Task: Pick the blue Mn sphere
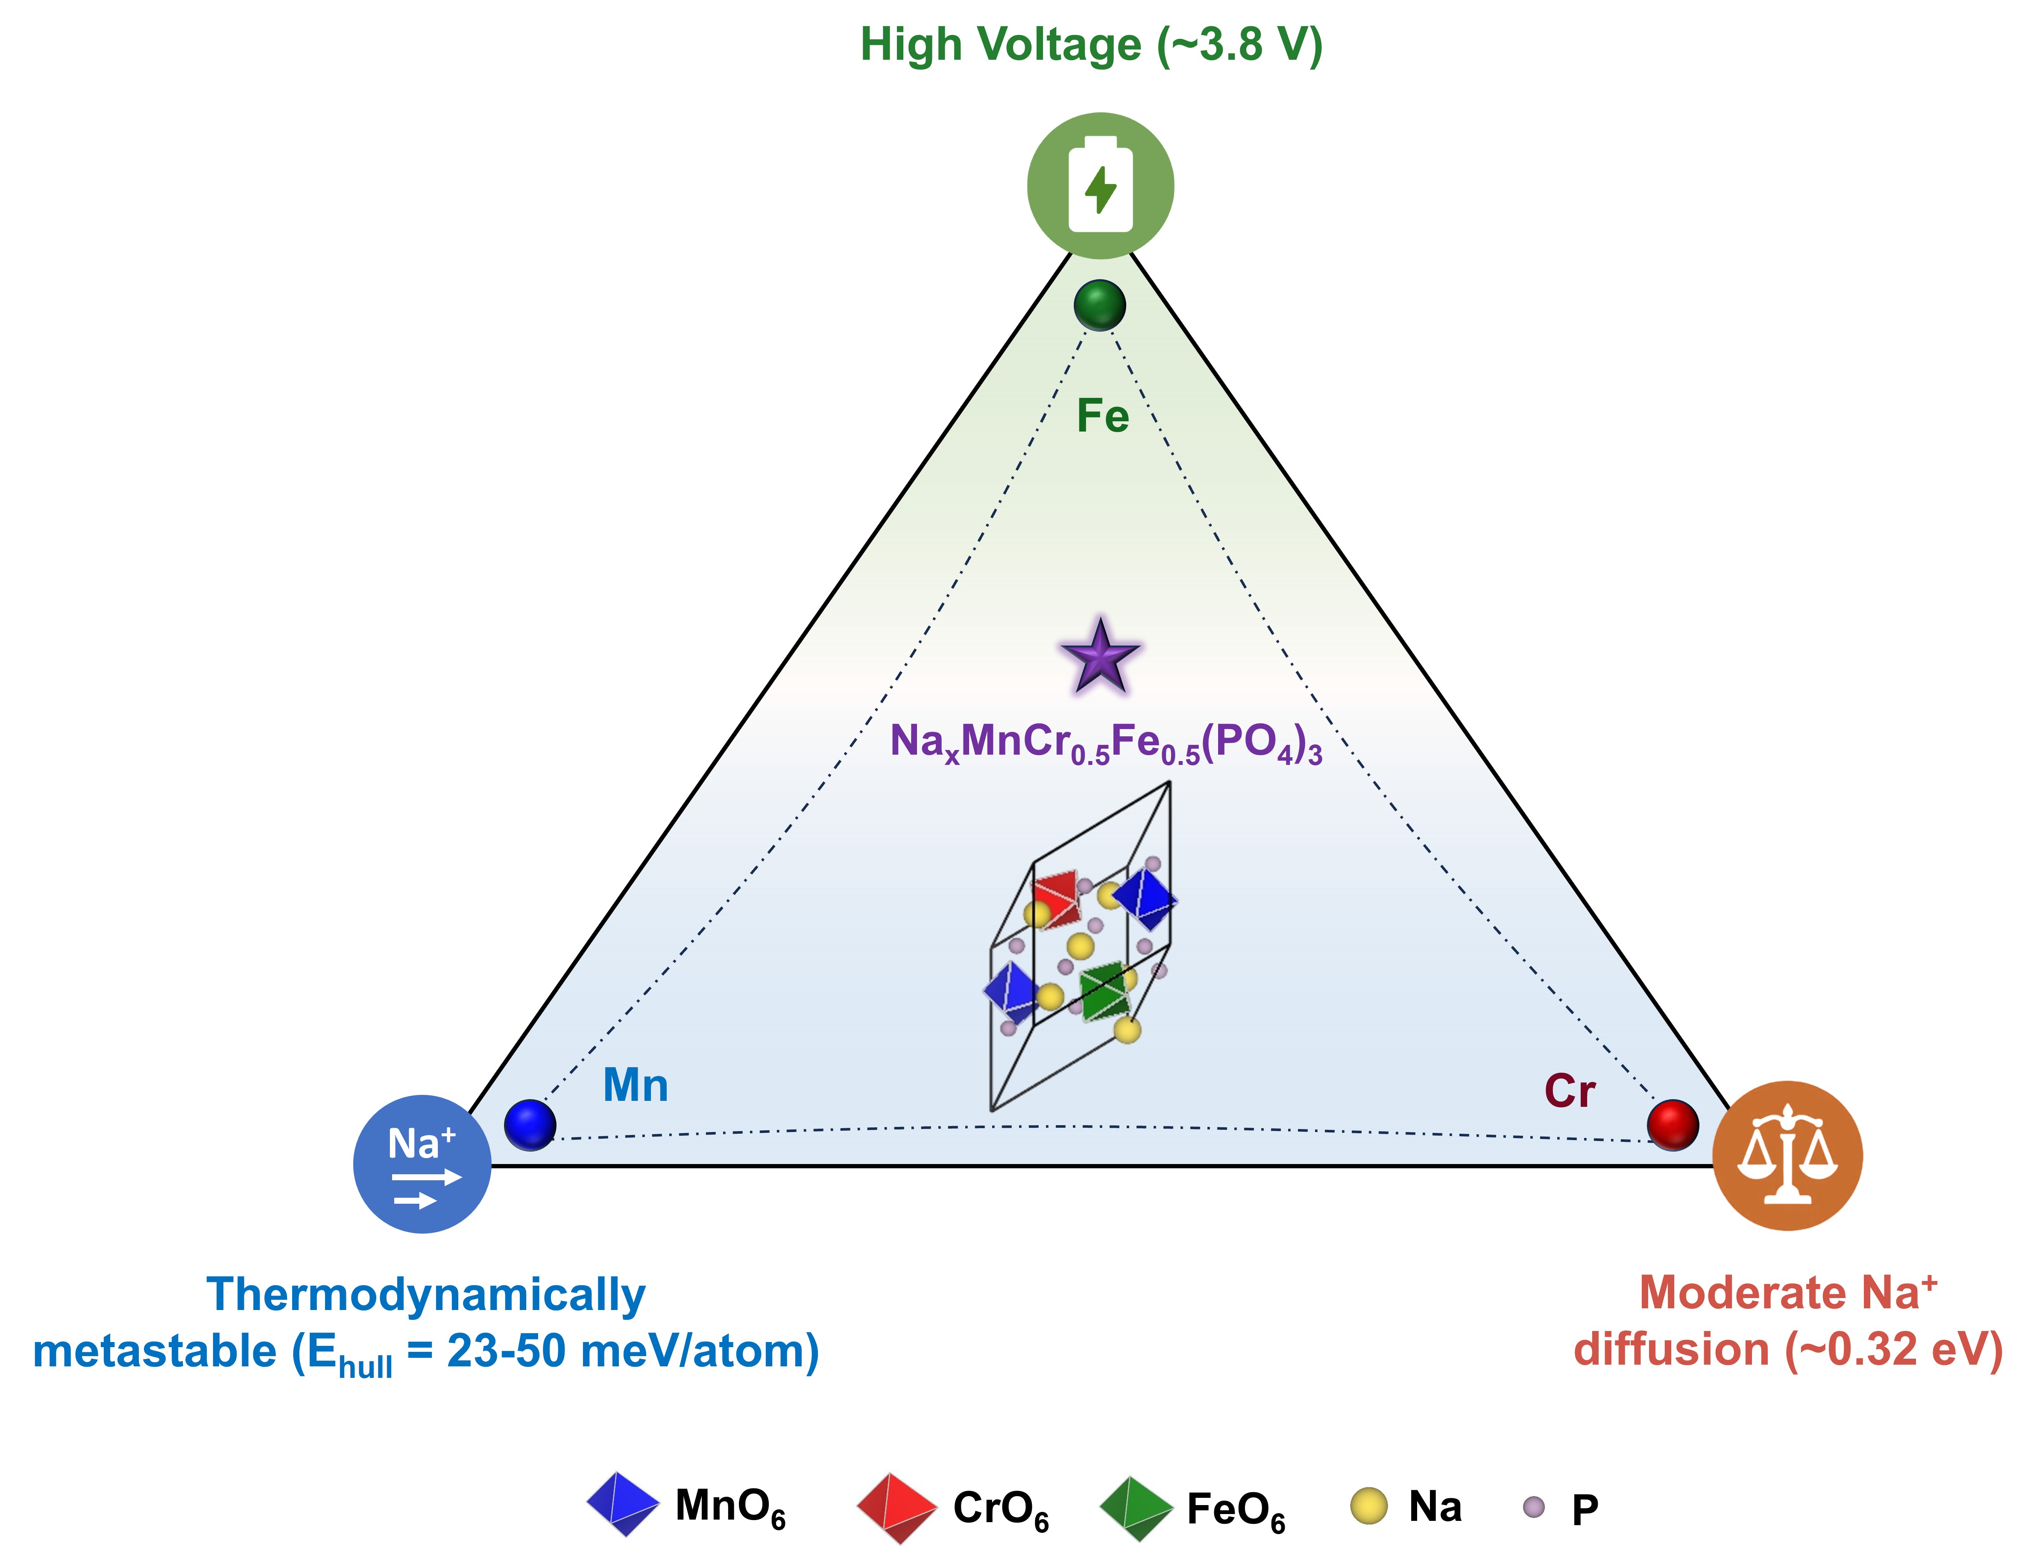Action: click(530, 1125)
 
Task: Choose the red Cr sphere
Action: click(1673, 1125)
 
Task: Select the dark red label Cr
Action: click(1570, 1091)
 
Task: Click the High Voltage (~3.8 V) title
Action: click(1091, 44)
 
